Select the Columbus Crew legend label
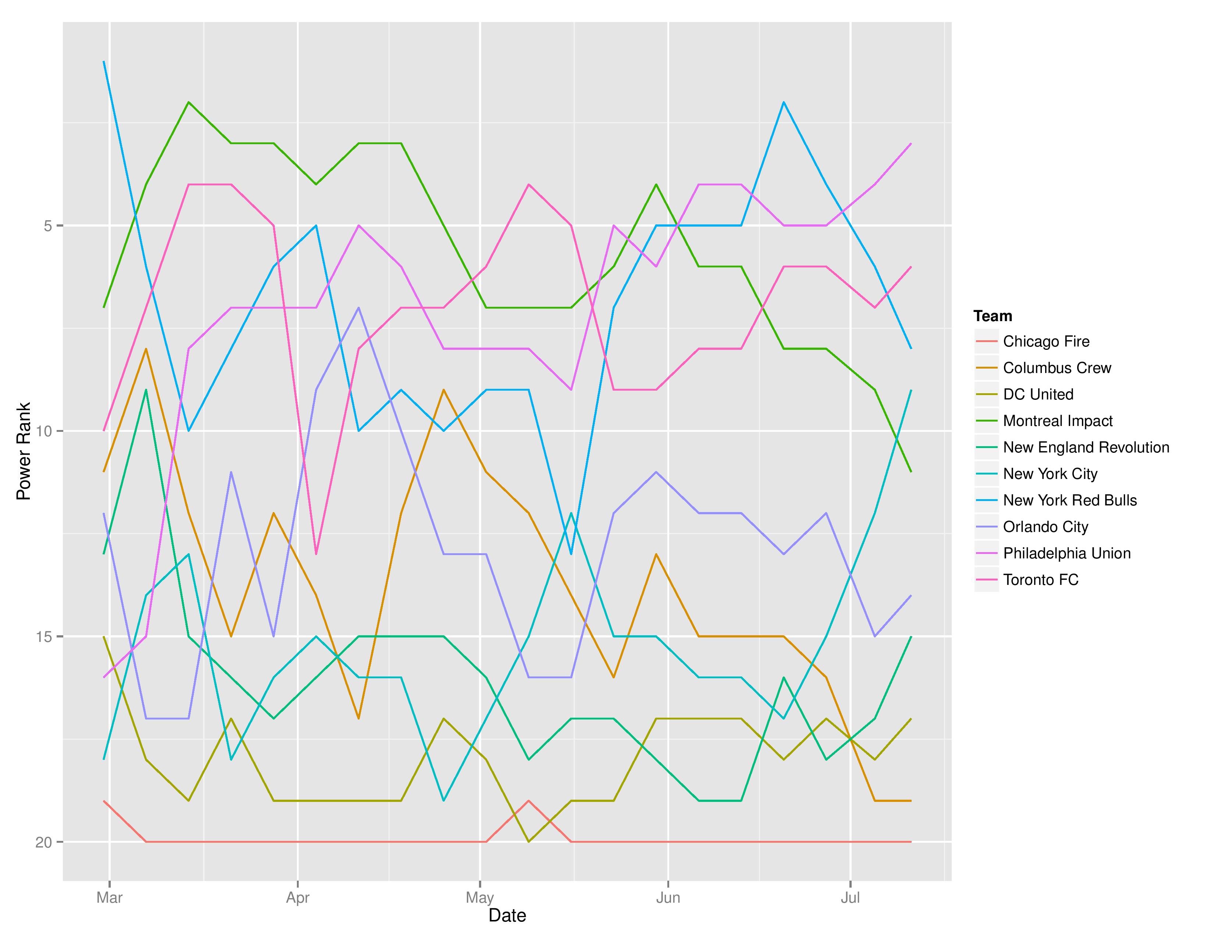[x=1057, y=368]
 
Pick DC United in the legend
[x=1038, y=395]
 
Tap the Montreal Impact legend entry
[x=1057, y=421]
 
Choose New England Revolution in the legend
[x=1086, y=448]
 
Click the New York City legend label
[x=1050, y=474]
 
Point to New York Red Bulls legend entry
[x=1069, y=501]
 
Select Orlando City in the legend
[x=1045, y=527]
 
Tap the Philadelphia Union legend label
[x=1067, y=554]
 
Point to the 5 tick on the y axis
[x=47, y=226]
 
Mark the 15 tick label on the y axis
[x=43, y=637]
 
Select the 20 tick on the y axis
[x=43, y=842]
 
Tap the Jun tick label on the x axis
[x=668, y=898]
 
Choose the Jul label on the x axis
[x=850, y=898]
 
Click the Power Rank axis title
[x=23, y=451]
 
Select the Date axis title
[x=507, y=916]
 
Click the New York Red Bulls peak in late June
[x=784, y=102]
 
